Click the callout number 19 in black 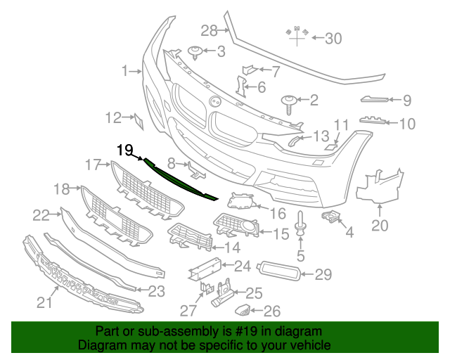(x=125, y=149)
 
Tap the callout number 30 (x=333, y=38)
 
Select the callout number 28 (x=210, y=30)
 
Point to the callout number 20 (x=380, y=226)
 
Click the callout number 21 (x=45, y=303)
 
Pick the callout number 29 (x=323, y=274)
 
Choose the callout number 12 (x=114, y=117)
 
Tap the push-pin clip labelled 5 (x=300, y=224)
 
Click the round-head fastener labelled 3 (x=196, y=50)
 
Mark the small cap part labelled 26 (x=242, y=309)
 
